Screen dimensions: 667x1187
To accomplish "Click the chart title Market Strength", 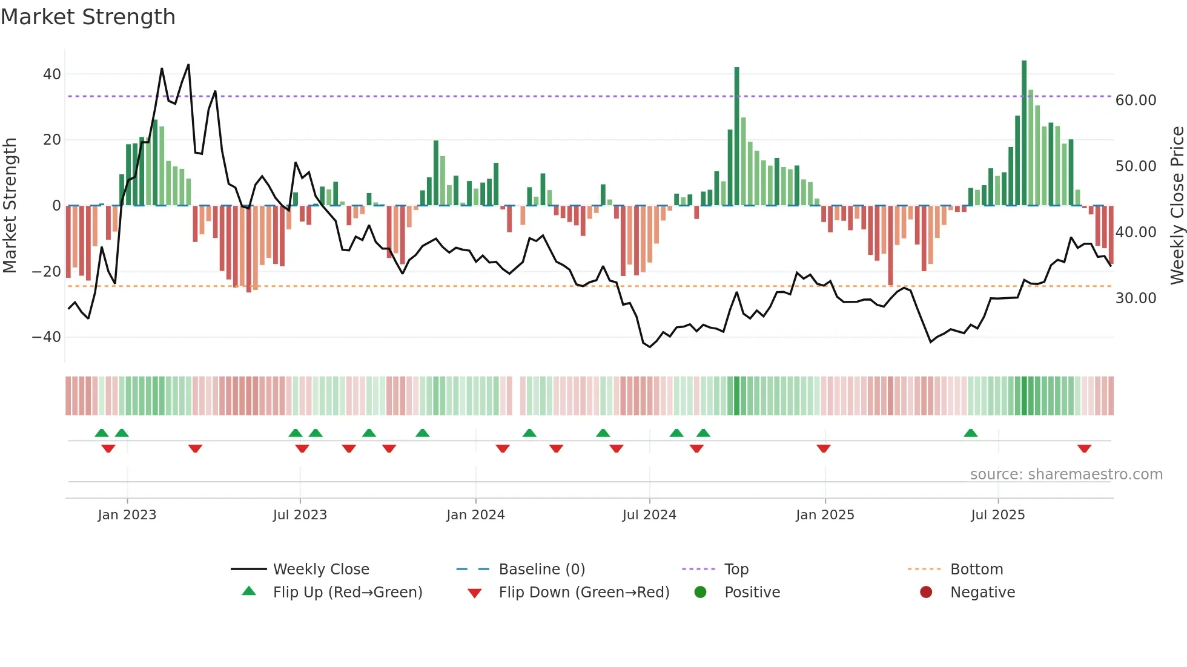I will click(x=88, y=17).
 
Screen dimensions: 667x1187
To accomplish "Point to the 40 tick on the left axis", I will click(x=52, y=74).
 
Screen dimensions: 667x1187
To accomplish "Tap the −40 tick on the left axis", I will click(x=47, y=337).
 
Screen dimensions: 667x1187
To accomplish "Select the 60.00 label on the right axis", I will click(x=1136, y=100).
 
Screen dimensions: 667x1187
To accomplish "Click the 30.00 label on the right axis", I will click(x=1136, y=298).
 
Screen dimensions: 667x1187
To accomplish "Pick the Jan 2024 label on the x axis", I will click(x=475, y=515).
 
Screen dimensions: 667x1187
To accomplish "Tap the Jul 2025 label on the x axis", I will click(x=997, y=515).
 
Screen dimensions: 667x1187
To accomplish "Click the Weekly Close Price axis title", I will click(x=1177, y=206).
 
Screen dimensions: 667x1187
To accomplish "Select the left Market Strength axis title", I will click(x=10, y=206).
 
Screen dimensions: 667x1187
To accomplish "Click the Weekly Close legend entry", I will click(x=320, y=570).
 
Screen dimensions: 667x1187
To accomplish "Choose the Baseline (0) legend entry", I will click(x=541, y=570).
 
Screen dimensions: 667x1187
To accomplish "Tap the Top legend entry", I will click(x=736, y=570).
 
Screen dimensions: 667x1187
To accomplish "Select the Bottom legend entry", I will click(x=976, y=570).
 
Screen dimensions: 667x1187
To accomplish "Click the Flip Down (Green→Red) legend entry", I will click(x=583, y=593).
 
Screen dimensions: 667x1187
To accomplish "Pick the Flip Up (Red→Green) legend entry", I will click(x=347, y=593).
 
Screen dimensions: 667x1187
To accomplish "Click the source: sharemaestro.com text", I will click(x=1066, y=475).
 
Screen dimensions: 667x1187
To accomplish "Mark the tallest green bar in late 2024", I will click(x=736, y=136).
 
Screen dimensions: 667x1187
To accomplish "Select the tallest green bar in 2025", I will click(x=1024, y=133).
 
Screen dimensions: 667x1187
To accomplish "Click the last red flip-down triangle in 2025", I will click(x=1084, y=448).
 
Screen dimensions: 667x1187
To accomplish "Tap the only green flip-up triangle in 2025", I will click(x=970, y=433).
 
